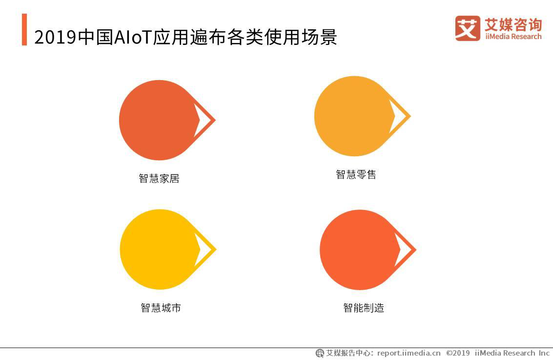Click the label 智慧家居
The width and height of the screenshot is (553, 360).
159,178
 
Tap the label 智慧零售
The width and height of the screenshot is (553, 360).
356,174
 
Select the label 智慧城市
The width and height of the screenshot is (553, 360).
161,308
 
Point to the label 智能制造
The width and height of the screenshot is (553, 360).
364,308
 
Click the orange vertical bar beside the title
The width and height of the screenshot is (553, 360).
24,30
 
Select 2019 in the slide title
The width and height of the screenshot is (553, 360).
55,37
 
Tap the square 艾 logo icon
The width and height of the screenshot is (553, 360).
467,28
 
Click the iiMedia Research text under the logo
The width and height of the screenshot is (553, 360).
513,37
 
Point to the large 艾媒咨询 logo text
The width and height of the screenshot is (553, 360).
513,24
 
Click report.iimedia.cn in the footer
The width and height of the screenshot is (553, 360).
409,353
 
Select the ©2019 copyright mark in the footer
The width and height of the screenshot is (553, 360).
458,353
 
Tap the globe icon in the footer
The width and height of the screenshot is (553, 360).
320,353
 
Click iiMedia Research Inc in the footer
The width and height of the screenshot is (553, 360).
512,353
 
